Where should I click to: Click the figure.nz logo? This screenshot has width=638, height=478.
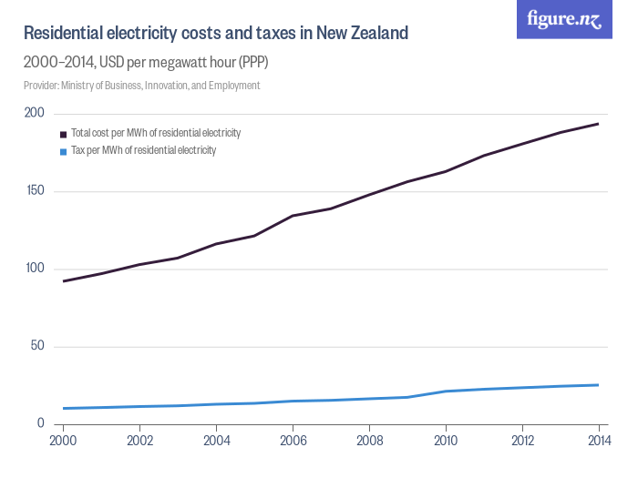point(564,19)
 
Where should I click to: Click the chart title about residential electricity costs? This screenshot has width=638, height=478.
point(215,34)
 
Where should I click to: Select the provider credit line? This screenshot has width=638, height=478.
point(141,86)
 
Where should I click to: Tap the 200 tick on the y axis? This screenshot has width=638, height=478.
point(34,113)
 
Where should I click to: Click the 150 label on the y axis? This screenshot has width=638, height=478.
point(34,191)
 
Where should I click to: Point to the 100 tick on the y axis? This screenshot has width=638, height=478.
point(34,269)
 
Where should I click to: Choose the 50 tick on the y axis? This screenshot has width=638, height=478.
point(36,346)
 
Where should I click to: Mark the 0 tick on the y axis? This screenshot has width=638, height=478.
point(40,423)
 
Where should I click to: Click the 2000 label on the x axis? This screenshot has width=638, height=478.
point(62,442)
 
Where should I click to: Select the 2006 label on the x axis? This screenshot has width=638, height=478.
point(292,442)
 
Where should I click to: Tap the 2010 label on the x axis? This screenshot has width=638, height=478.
point(445,442)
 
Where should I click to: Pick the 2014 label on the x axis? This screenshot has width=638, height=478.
point(597,442)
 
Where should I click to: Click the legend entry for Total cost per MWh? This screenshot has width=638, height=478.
point(155,133)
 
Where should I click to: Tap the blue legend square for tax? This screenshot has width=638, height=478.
point(63,151)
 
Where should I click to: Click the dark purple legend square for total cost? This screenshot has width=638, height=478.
point(63,134)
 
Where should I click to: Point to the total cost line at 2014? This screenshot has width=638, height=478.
point(598,124)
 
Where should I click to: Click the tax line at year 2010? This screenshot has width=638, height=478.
point(445,392)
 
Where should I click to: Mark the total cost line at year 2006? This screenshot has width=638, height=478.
point(292,216)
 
